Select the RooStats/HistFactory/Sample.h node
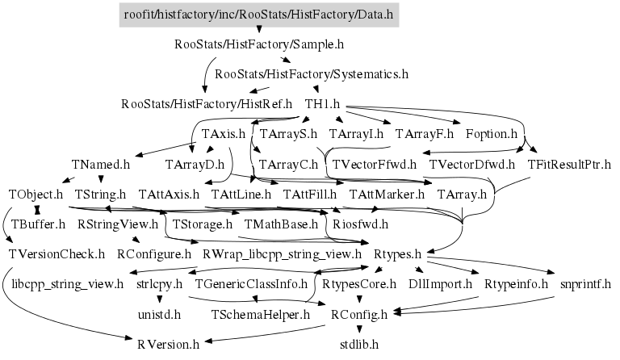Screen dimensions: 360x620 coord(258,44)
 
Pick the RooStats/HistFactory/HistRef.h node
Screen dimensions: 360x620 coord(206,104)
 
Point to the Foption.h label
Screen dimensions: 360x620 coord(492,134)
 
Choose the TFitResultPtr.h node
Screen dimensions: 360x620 coord(570,165)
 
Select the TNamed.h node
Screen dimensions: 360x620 coord(100,165)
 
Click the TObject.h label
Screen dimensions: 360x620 coord(36,195)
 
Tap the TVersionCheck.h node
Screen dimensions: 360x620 coord(57,254)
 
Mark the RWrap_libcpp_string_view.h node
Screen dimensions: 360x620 coord(283,254)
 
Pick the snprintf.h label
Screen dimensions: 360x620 coord(585,284)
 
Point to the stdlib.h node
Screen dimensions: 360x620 coord(359,344)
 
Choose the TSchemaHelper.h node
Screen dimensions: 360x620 coord(261,314)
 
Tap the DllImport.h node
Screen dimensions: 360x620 coord(441,284)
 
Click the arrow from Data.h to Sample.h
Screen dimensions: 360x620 coord(258,29)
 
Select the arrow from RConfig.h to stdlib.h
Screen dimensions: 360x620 coord(359,329)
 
